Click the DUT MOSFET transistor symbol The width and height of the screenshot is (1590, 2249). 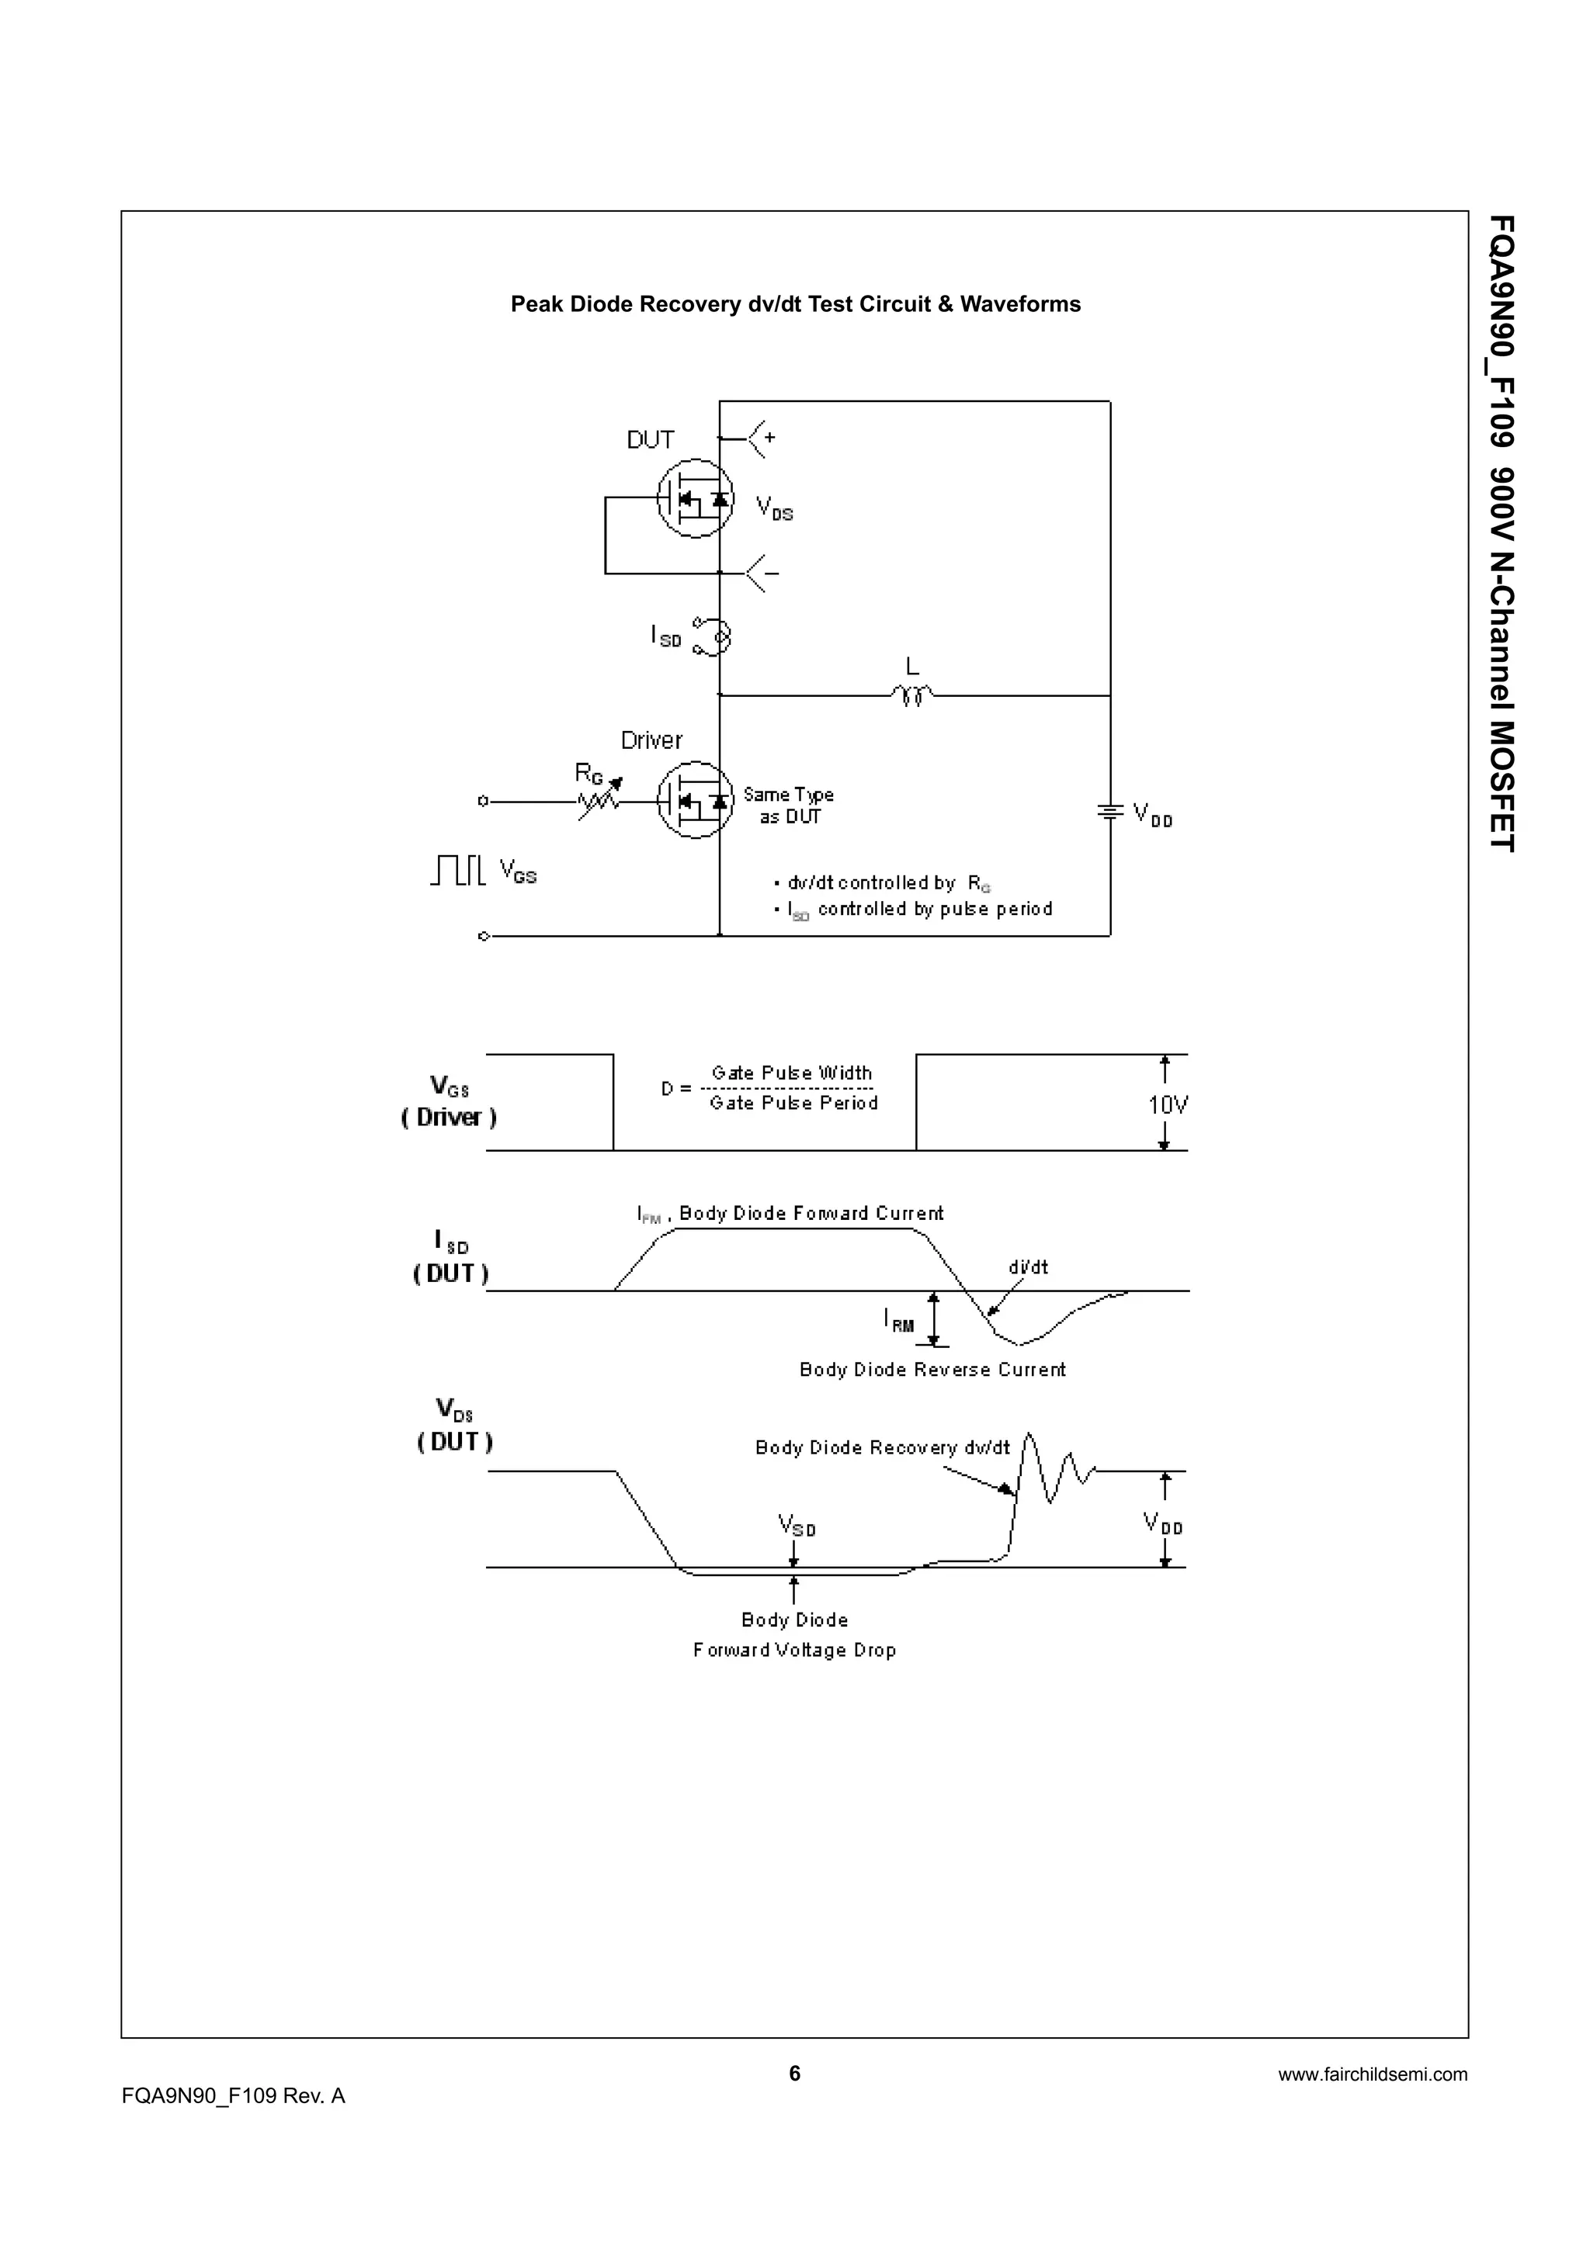(695, 498)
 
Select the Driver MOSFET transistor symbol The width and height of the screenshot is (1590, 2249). (695, 800)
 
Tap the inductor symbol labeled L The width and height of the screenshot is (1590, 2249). (912, 695)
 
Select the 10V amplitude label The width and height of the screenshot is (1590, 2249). (1168, 1105)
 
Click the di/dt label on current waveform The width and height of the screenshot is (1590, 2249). (1028, 1267)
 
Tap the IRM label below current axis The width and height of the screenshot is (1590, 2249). (898, 1322)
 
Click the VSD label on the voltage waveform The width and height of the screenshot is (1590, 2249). (797, 1525)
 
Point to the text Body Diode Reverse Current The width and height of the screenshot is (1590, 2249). (932, 1370)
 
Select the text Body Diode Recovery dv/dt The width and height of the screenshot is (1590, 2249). (882, 1448)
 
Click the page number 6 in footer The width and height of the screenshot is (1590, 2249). (794, 2073)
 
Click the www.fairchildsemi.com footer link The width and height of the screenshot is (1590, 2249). (1372, 2074)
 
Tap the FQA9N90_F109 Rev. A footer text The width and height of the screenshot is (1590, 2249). (233, 2096)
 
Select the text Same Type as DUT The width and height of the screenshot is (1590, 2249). (789, 806)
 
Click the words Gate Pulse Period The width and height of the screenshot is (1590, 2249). (793, 1103)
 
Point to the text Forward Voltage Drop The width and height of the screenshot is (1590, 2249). (794, 1651)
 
